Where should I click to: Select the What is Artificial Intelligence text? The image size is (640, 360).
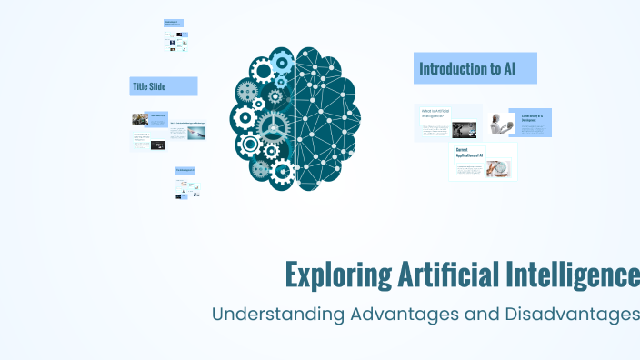point(436,114)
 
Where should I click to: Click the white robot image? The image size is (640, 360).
point(496,123)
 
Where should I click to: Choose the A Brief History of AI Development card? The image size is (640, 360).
point(531,122)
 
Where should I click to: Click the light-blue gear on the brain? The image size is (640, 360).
point(281,62)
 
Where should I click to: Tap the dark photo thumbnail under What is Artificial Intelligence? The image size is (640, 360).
point(465,130)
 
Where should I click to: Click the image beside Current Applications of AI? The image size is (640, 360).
point(498,168)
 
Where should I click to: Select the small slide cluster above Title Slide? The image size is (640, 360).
point(175,34)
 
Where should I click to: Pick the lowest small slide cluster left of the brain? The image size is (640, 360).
point(186,184)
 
